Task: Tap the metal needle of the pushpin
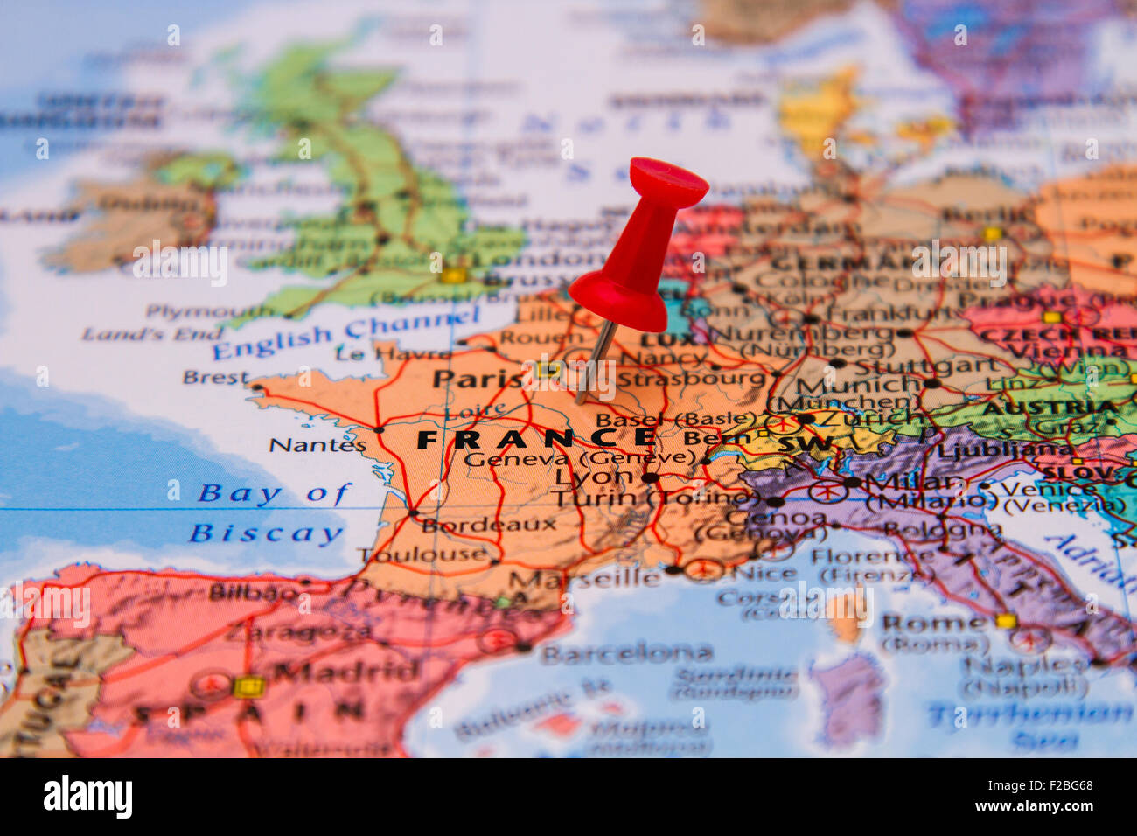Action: click(x=593, y=363)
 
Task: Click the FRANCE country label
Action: click(x=535, y=438)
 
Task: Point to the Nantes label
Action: click(x=317, y=445)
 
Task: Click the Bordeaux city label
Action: click(x=489, y=525)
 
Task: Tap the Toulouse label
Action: click(x=423, y=554)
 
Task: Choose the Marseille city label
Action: click(x=585, y=579)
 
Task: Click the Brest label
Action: click(x=215, y=378)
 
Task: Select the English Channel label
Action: click(x=345, y=332)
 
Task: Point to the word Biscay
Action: click(x=266, y=533)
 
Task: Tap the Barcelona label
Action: click(x=626, y=652)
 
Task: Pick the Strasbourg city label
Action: click(x=691, y=379)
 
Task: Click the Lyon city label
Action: click(x=594, y=477)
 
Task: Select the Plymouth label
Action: click(x=209, y=311)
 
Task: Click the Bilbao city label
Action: click(x=253, y=592)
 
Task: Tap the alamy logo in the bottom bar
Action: click(x=87, y=797)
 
